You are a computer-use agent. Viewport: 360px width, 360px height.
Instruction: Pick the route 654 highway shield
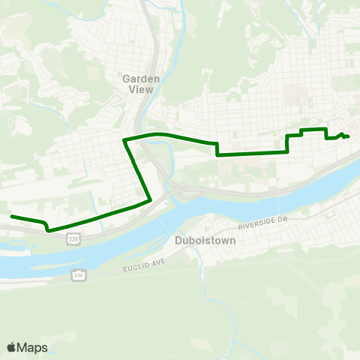pyautogui.click(x=78, y=275)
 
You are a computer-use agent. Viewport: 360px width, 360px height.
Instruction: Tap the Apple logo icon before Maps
pyautogui.click(x=11, y=347)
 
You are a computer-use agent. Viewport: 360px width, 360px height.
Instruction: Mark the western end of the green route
pyautogui.click(x=11, y=217)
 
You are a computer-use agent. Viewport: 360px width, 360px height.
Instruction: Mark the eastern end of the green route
pyautogui.click(x=349, y=136)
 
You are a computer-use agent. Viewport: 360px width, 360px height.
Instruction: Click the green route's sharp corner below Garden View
pyautogui.click(x=124, y=139)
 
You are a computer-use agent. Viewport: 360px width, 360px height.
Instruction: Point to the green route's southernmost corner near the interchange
pyautogui.click(x=151, y=199)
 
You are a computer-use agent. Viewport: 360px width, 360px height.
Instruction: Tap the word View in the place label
pyautogui.click(x=139, y=88)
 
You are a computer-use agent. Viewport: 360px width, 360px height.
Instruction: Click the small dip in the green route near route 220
pyautogui.click(x=48, y=229)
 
